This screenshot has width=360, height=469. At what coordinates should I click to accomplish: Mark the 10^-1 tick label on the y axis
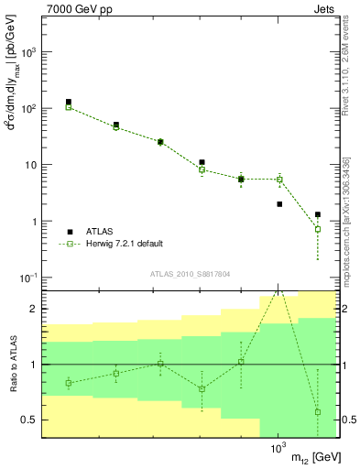(27, 278)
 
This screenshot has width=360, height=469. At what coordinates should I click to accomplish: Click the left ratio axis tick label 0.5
(29, 420)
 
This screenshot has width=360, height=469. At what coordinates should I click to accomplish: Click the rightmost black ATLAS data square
(318, 214)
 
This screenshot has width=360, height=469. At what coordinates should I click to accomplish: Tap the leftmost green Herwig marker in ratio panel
(69, 383)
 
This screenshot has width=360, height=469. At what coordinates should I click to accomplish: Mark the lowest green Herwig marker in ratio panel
(318, 412)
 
